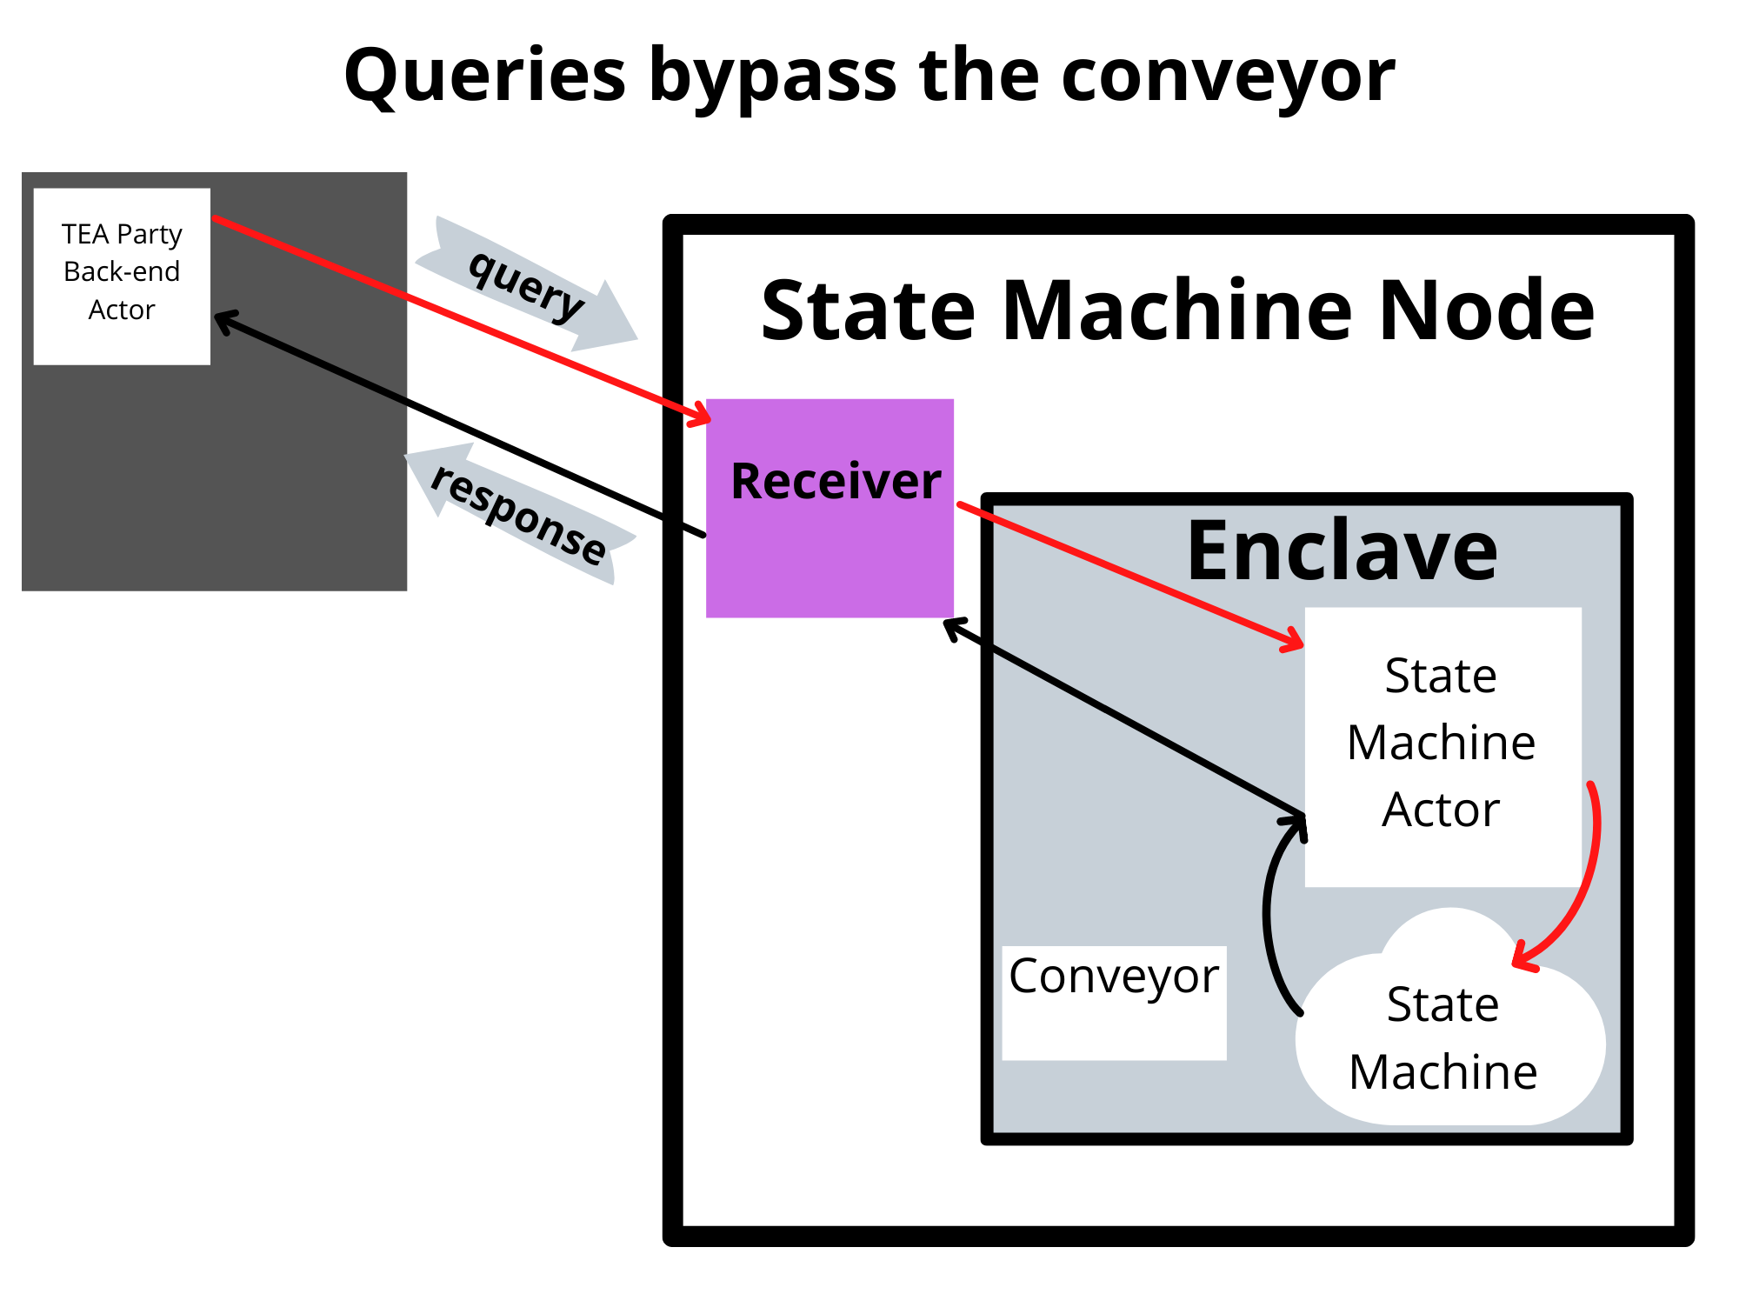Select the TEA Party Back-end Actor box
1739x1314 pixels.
click(x=122, y=276)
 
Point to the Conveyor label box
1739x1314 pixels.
click(x=1114, y=1002)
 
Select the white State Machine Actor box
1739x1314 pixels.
click(x=1442, y=745)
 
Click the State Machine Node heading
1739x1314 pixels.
click(x=1177, y=310)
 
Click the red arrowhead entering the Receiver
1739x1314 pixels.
click(x=701, y=416)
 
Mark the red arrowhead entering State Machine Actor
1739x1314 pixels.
click(x=1294, y=642)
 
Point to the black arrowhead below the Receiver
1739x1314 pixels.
click(x=953, y=626)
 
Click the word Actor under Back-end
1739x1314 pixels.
click(x=122, y=310)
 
